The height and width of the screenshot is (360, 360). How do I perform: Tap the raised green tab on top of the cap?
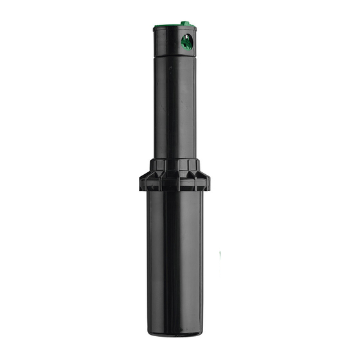pos(185,23)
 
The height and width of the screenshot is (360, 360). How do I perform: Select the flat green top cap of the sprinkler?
pos(174,28)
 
